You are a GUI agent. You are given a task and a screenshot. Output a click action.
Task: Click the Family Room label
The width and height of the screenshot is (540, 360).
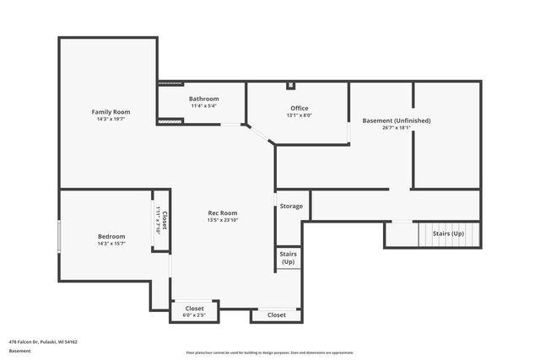point(111,111)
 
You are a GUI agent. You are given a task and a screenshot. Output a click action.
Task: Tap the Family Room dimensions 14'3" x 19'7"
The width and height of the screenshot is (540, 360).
point(111,120)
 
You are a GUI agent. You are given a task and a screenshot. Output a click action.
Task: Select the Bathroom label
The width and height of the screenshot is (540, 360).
point(203,99)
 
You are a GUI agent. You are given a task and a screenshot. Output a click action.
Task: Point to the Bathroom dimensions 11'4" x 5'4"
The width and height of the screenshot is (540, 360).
point(203,106)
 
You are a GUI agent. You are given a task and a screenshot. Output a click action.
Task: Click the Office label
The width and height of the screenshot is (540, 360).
point(299,108)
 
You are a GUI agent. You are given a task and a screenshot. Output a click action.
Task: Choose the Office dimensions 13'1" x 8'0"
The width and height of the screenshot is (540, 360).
point(299,116)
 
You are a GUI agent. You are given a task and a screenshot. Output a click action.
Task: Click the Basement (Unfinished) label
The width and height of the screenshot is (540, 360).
point(396,121)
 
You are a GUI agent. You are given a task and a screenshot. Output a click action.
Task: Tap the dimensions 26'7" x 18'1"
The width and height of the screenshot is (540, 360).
point(396,129)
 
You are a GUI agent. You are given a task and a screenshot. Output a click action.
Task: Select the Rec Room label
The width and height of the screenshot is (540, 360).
point(223,212)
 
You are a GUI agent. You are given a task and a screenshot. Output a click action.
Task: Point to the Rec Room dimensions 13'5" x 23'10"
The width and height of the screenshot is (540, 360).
point(223,221)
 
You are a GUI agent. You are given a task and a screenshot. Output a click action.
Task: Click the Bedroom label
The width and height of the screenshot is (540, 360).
point(111,236)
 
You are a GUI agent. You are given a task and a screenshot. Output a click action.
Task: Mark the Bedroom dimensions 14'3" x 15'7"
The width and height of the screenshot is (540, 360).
point(111,244)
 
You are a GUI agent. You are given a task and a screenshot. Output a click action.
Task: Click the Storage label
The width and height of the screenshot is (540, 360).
point(291,206)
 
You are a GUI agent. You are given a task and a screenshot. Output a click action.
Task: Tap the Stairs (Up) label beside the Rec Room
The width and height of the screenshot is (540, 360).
point(288,258)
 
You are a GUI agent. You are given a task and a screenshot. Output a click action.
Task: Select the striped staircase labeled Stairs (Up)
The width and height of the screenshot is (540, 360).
point(448,234)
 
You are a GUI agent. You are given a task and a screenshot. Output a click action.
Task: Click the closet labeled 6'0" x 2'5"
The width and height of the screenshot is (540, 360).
point(194,312)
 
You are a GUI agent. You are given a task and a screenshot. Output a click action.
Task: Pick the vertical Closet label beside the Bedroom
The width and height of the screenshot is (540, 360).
point(164,220)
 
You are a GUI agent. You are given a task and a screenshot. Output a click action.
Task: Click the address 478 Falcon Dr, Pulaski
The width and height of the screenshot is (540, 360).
point(43,341)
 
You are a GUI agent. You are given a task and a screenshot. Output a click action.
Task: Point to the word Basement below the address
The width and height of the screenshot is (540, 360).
point(19,351)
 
